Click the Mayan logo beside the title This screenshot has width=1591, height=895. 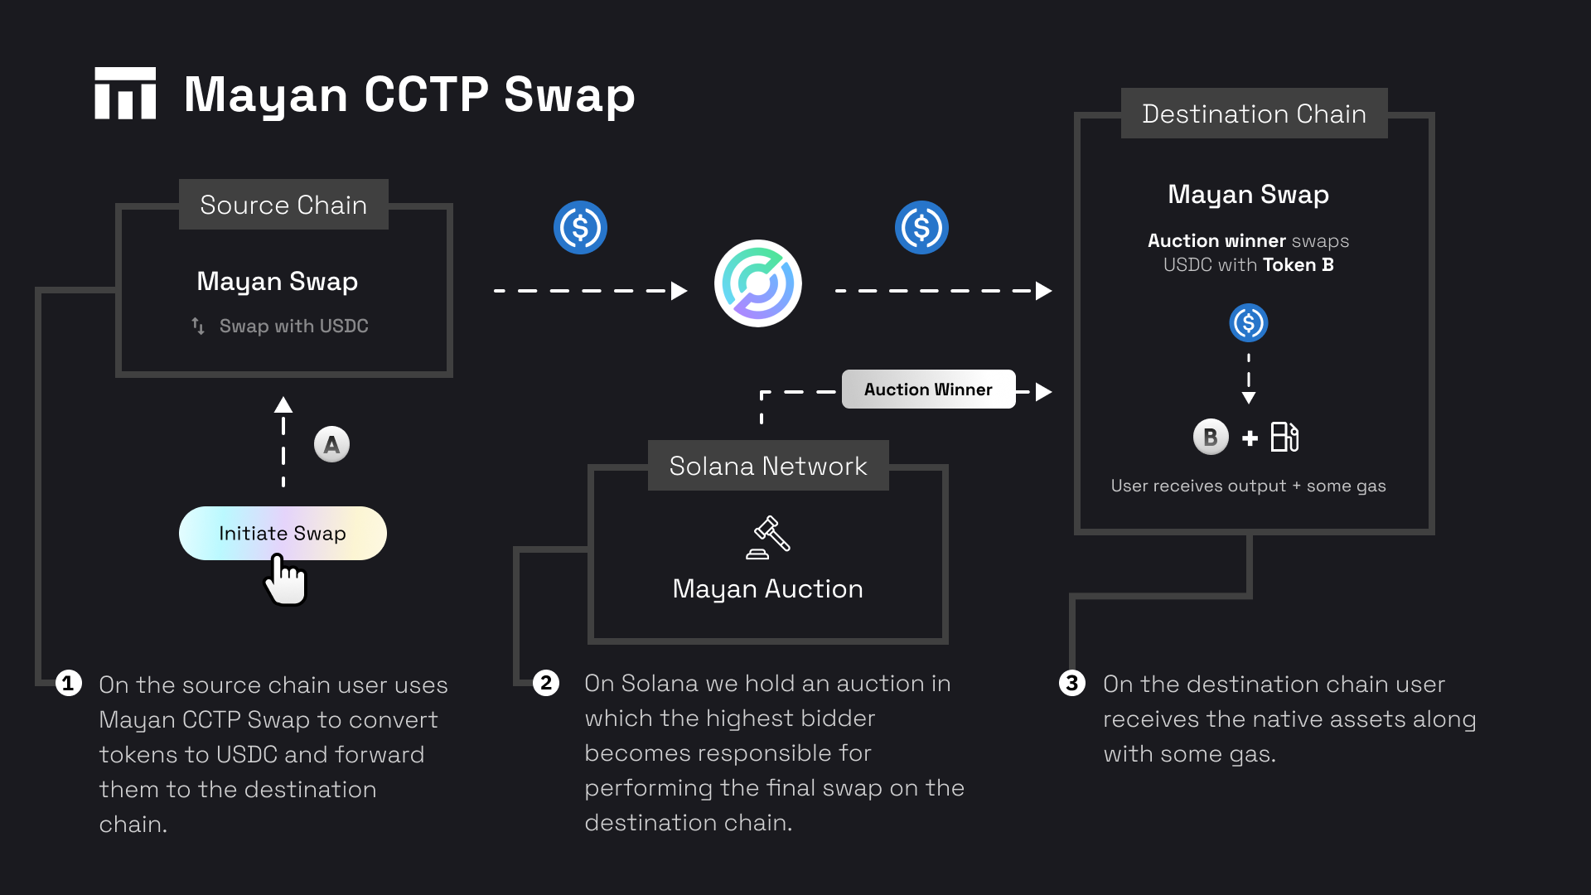[125, 93]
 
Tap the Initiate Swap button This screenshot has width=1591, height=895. [283, 533]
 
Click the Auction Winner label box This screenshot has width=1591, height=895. [928, 389]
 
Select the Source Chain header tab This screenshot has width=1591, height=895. [283, 205]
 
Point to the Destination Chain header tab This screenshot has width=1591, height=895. [1254, 114]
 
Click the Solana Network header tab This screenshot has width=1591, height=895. [768, 466]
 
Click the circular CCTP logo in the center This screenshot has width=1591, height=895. [758, 283]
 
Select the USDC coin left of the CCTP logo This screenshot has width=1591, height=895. [580, 227]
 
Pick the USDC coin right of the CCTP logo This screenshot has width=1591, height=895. [921, 227]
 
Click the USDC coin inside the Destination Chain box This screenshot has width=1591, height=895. [1249, 323]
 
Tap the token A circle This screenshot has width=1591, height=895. [331, 445]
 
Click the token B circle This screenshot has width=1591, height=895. [1211, 437]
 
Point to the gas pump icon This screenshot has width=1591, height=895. [1284, 437]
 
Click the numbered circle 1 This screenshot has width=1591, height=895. [69, 684]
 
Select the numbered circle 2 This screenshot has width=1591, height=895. [546, 683]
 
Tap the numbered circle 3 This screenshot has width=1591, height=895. [1072, 683]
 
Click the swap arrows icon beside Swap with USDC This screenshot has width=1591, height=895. [198, 326]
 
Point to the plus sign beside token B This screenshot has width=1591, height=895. [1250, 438]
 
